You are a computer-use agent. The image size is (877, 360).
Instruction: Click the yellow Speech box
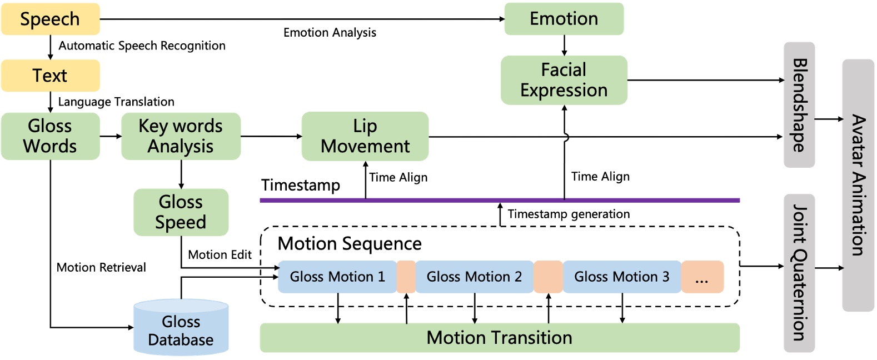point(50,19)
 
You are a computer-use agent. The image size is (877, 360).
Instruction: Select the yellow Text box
point(50,76)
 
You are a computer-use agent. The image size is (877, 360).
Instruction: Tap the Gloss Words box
point(50,136)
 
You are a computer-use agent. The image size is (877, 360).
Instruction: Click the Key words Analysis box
point(181,136)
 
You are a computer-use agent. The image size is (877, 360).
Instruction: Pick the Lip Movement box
point(365,136)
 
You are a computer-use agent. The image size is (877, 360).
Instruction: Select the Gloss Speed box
point(181,212)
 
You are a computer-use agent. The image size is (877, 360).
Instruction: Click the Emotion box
point(564,19)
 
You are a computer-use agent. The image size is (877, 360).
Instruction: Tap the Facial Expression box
point(564,80)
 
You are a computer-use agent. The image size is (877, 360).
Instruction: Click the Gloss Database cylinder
point(181,329)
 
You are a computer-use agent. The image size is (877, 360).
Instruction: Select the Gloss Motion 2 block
point(474,277)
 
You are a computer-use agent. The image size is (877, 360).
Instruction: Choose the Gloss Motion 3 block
point(621,277)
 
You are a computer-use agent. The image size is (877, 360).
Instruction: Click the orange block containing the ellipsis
point(702,277)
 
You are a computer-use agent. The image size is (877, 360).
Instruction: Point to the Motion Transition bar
point(499,338)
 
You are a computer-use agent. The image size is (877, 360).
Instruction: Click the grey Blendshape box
point(799,104)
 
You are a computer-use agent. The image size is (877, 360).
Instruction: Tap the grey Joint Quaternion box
point(799,272)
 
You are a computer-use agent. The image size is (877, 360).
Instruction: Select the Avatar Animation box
point(858,185)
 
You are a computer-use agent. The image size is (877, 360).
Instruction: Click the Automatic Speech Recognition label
point(142,46)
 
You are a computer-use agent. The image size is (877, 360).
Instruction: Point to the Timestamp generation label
point(569,214)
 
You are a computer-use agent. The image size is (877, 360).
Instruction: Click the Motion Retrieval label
point(101,267)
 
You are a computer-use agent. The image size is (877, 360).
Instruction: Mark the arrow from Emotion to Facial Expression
point(564,45)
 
